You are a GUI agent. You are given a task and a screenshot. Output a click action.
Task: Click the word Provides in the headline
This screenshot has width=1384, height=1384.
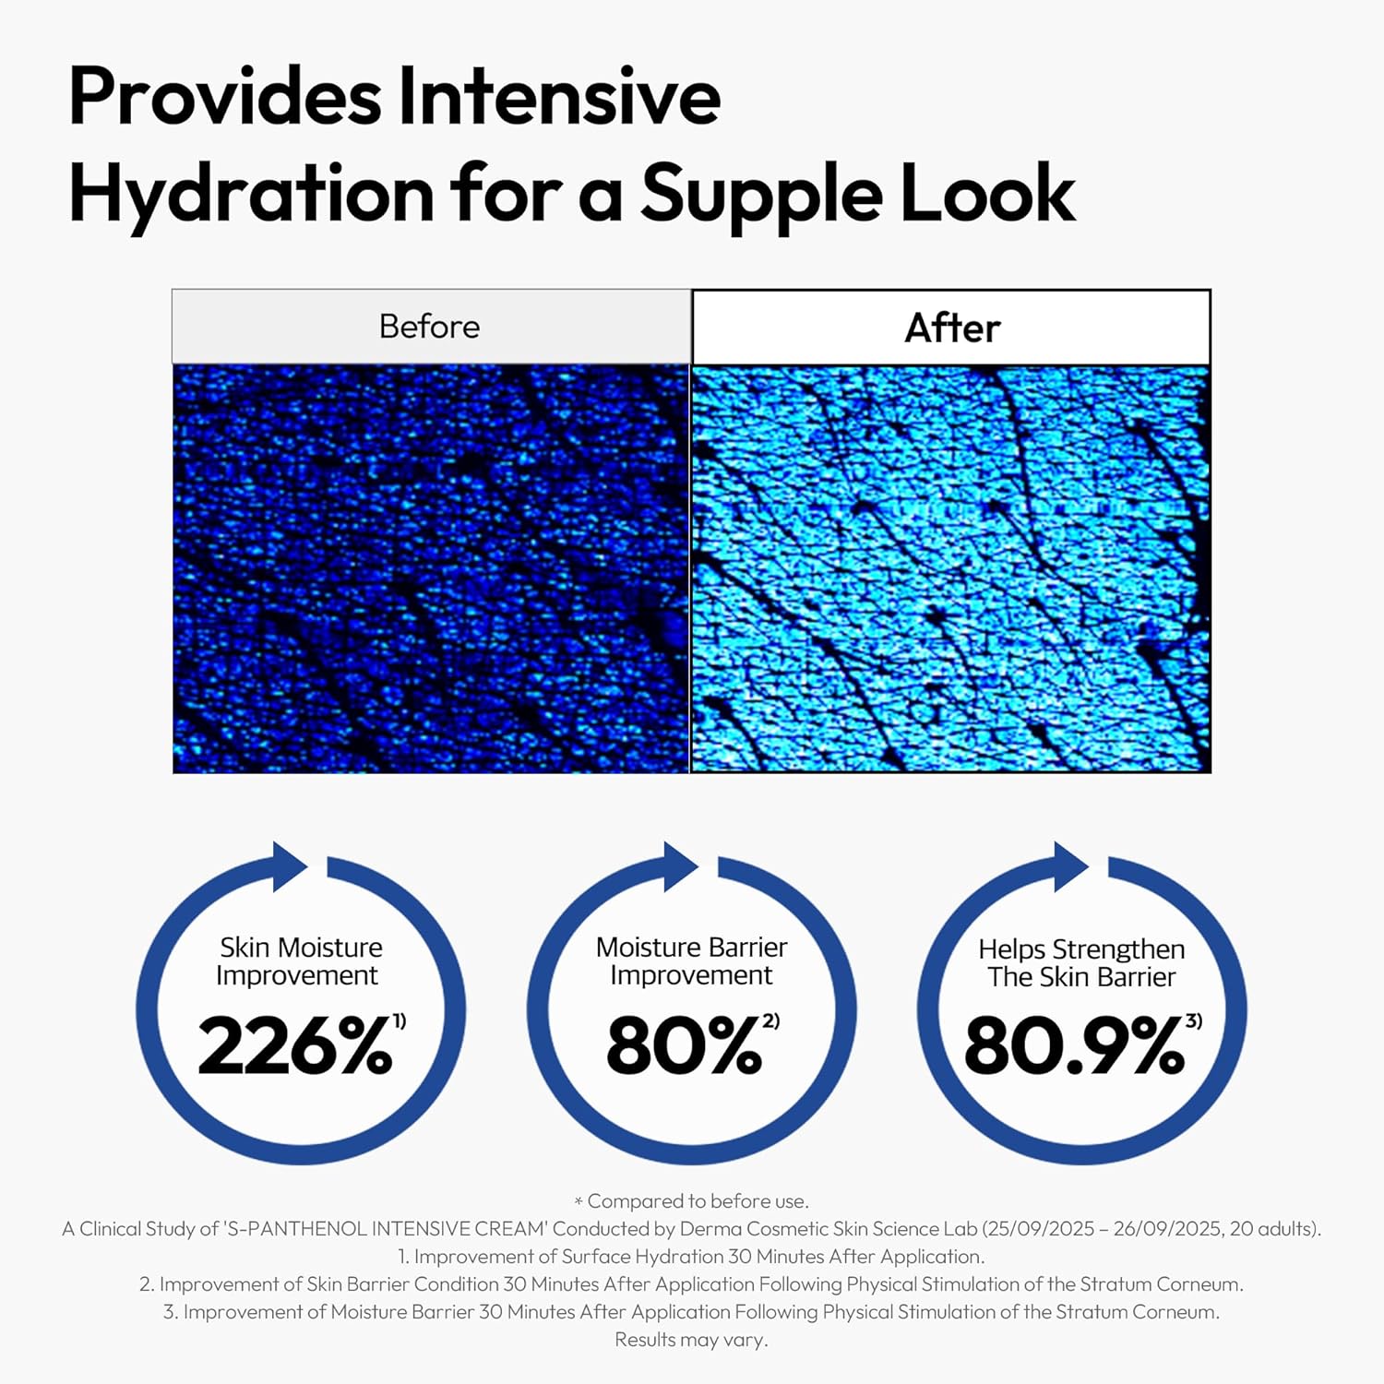tap(224, 98)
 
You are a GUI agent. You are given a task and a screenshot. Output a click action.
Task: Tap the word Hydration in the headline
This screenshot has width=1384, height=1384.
tap(251, 195)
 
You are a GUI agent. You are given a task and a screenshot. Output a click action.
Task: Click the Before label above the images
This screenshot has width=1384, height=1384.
tap(429, 327)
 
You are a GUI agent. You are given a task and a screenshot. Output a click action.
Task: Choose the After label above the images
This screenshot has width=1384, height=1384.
tap(952, 328)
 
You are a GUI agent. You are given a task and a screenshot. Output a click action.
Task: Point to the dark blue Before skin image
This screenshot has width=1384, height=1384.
tap(431, 568)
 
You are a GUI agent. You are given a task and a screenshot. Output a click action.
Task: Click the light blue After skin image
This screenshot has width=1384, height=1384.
tap(950, 568)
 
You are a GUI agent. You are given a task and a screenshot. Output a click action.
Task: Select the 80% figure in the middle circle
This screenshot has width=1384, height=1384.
tap(684, 1046)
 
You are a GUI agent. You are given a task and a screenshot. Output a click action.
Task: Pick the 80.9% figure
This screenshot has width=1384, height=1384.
tap(1074, 1046)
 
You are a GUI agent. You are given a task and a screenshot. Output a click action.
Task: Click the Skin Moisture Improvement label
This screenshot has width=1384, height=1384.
tap(299, 961)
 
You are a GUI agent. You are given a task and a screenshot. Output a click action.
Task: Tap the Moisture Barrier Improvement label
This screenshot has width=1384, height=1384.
tap(691, 961)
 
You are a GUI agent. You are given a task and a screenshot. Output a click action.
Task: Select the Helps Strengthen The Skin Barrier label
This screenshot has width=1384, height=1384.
tap(1081, 963)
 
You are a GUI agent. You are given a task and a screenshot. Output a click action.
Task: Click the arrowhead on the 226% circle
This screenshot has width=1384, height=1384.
tap(289, 866)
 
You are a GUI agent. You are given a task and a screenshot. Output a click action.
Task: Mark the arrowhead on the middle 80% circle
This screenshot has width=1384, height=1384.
tap(680, 866)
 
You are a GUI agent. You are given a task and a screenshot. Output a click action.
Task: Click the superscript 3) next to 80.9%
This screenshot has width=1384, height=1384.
tap(1194, 1020)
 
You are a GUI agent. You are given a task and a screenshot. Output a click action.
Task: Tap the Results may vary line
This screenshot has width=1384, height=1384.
tap(691, 1340)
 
